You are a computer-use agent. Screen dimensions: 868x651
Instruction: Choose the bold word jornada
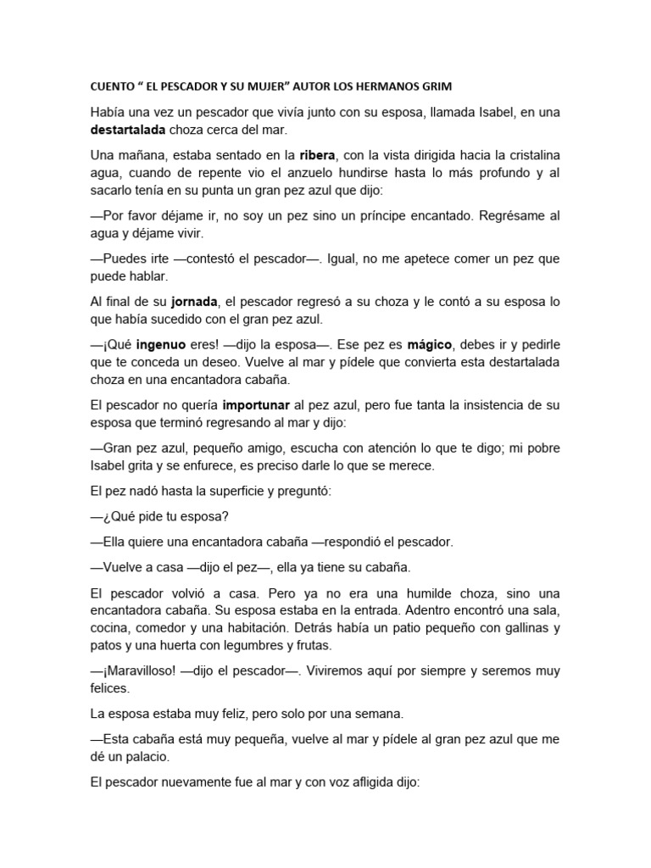(194, 302)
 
